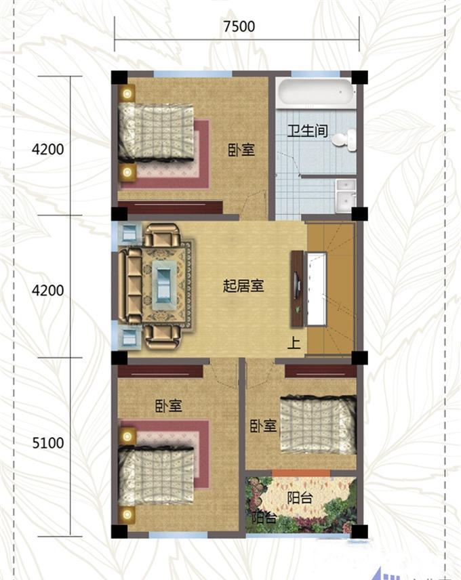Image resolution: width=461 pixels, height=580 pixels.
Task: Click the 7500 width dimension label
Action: (239, 26)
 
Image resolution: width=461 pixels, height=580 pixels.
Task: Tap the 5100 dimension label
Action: (48, 442)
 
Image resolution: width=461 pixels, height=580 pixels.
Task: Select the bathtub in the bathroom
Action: (315, 92)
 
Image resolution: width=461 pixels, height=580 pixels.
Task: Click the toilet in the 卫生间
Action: (344, 140)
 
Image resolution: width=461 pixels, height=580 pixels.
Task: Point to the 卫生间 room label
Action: (308, 131)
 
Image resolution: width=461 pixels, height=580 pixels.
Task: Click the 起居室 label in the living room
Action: (243, 285)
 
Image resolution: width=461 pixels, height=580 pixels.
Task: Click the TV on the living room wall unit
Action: (296, 285)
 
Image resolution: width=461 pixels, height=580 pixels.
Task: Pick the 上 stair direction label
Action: (294, 343)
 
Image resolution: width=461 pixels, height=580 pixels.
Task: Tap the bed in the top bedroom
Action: (156, 131)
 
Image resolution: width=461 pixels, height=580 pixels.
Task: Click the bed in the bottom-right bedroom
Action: (318, 424)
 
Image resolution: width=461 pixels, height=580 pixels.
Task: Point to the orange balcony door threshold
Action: (301, 473)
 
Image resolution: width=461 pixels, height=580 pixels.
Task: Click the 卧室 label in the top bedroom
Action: (241, 150)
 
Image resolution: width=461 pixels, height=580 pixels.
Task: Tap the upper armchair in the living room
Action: (162, 235)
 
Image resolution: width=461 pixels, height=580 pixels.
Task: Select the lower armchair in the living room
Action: (162, 337)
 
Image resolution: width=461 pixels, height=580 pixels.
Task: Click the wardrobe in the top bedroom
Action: (170, 207)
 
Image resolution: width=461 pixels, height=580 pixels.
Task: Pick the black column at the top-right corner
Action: (359, 77)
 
